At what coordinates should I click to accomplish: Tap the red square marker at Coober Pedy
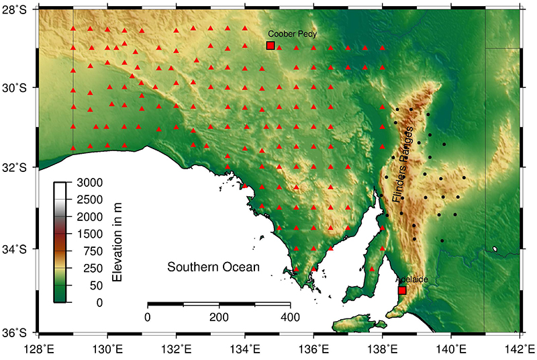coord(271,46)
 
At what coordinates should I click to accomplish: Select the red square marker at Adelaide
coord(402,290)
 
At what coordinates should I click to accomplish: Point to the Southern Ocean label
coord(213,267)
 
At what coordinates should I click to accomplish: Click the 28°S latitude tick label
coord(17,11)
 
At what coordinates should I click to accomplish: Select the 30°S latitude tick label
coord(17,87)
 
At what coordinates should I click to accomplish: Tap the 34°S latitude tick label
coord(17,250)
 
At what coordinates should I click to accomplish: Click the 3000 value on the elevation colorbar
coord(90,182)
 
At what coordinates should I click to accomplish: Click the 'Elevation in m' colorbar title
coord(117,242)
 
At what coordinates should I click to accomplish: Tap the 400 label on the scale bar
coord(290,316)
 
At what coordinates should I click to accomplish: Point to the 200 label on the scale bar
coord(219,316)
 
